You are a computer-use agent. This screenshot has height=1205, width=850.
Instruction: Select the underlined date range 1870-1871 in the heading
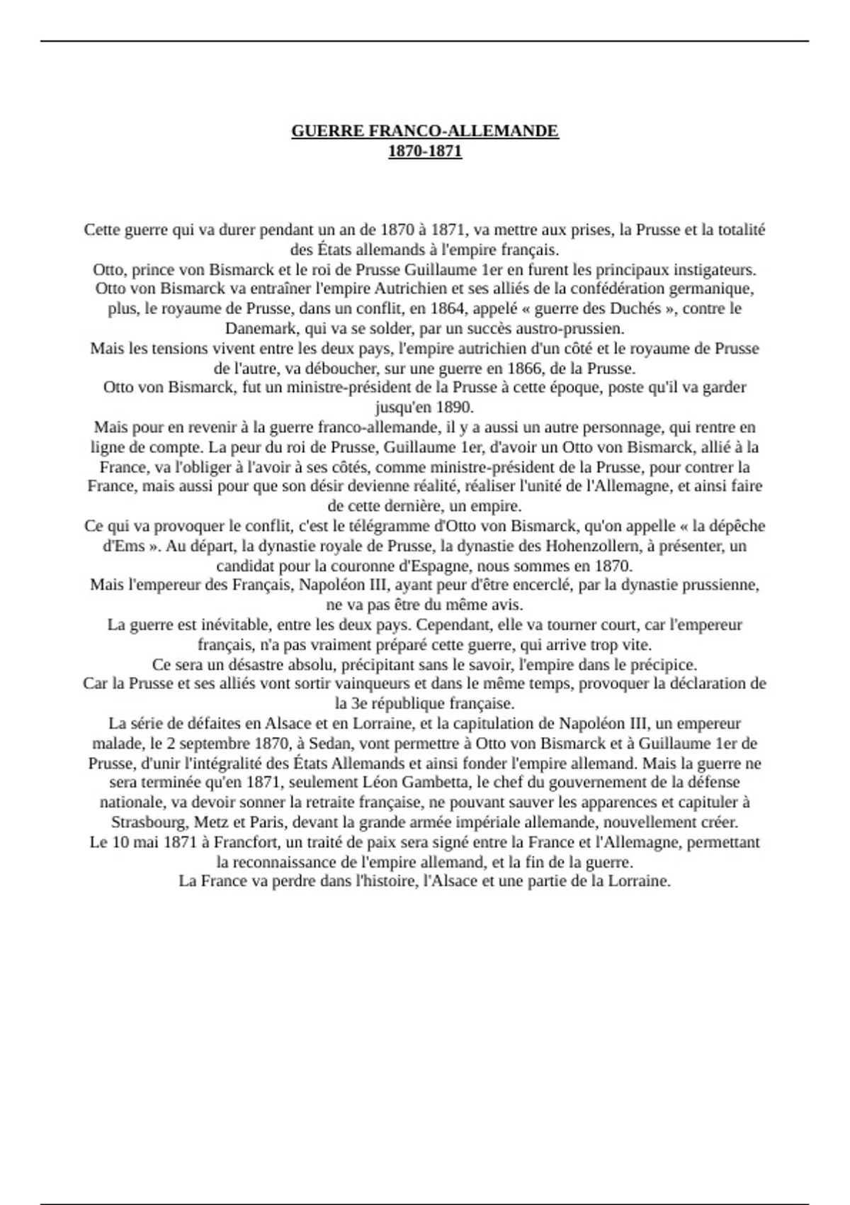(425, 151)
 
